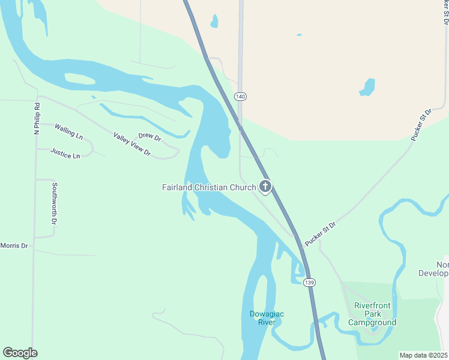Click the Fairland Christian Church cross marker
[x=265, y=187]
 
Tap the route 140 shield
[x=241, y=97]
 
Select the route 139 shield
[x=309, y=282]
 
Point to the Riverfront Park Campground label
[x=372, y=314]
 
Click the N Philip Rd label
[x=37, y=118]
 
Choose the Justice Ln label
[x=65, y=154]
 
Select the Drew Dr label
[x=149, y=137]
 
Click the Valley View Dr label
[x=131, y=144]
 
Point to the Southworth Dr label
[x=54, y=203]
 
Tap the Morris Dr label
[x=14, y=246]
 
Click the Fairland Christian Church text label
[x=209, y=187]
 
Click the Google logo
[x=20, y=353]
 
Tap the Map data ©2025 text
[x=423, y=355]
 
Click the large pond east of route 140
[x=367, y=88]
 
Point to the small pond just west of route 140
[x=214, y=22]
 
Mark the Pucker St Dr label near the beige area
[x=421, y=125]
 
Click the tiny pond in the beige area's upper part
[x=299, y=35]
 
